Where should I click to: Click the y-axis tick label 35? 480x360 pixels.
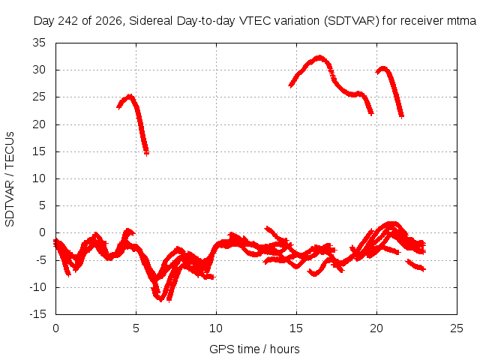(x=39, y=43)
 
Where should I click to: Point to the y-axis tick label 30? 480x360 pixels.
(x=39, y=70)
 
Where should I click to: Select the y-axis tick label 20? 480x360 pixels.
(x=39, y=124)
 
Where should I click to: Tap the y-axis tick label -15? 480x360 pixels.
(x=37, y=314)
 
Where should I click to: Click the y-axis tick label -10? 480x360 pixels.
(x=37, y=287)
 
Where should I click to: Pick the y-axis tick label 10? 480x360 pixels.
(x=39, y=178)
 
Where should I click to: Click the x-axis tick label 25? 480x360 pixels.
(x=457, y=328)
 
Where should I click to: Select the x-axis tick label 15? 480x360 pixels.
(x=296, y=328)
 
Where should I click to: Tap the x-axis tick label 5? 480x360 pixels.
(x=136, y=328)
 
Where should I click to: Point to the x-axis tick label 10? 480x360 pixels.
(x=216, y=328)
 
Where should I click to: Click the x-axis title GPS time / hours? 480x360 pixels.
(x=254, y=349)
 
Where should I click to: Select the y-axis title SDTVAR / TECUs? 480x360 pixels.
(x=10, y=179)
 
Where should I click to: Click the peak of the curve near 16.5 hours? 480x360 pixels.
(x=319, y=57)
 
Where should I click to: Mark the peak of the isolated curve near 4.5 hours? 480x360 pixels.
(x=130, y=96)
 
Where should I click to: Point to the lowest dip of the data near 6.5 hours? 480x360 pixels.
(x=160, y=300)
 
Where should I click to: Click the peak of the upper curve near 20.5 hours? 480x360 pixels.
(x=382, y=68)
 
